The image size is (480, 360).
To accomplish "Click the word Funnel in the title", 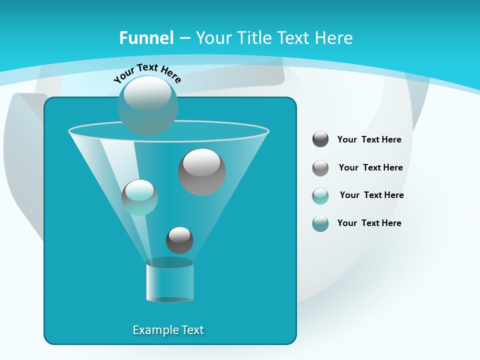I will [146, 38].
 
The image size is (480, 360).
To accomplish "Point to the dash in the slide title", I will [184, 38].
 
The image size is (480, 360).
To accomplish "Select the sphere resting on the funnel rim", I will [147, 105].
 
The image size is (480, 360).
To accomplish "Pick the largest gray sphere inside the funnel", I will [202, 171].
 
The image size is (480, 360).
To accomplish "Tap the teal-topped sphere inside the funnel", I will [139, 197].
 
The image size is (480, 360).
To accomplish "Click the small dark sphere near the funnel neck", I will [179, 240].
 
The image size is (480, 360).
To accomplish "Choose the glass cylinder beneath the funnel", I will [169, 281].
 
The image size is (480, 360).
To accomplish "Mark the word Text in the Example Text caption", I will [192, 330].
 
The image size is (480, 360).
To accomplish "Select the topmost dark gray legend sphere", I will [320, 139].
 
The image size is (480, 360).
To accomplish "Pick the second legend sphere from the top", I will [320, 167].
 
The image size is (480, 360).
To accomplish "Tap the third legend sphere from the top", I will [320, 195].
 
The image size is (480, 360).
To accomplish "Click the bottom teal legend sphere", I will [320, 223].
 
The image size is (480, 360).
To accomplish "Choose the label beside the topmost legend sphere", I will [369, 139].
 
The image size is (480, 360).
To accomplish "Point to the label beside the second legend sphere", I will [370, 167].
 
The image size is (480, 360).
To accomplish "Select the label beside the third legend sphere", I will [371, 195].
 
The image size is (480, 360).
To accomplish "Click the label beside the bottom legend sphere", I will [369, 223].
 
